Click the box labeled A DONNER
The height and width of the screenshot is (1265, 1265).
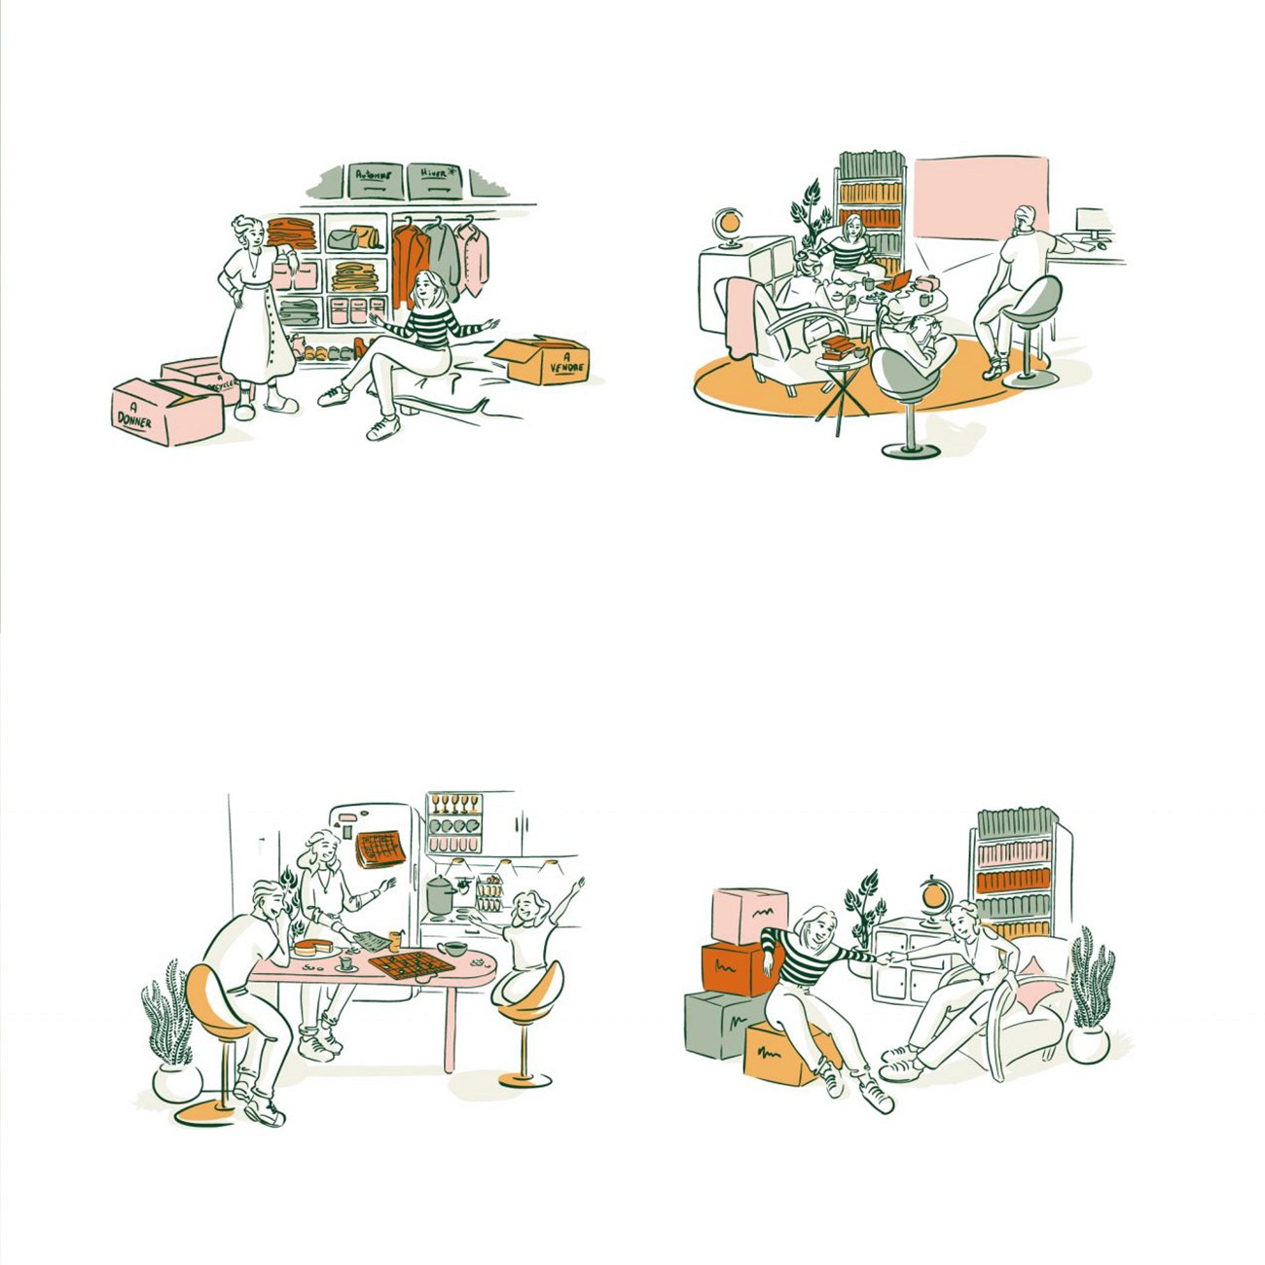pos(165,413)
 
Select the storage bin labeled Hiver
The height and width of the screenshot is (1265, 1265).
pos(434,180)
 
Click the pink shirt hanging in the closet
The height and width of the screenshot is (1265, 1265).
pos(474,257)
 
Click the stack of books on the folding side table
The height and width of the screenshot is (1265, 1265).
pos(838,347)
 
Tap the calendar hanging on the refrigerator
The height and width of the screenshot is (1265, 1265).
pos(379,849)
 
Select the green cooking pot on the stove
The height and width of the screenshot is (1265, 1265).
pos(440,893)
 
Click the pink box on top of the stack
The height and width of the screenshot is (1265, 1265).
pos(747,916)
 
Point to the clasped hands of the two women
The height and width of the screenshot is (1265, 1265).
pos(887,957)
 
